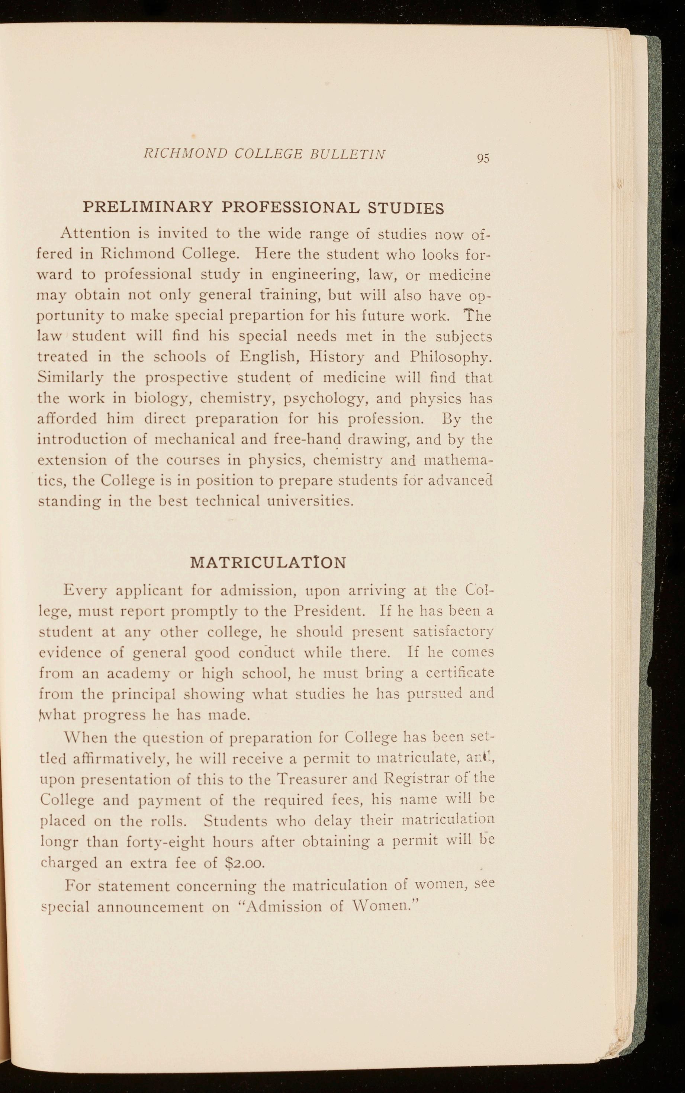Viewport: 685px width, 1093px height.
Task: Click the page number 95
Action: point(483,158)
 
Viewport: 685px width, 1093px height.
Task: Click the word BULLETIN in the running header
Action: point(348,154)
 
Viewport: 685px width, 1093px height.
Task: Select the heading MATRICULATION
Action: point(268,562)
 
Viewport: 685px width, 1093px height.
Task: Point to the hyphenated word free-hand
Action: point(308,439)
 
